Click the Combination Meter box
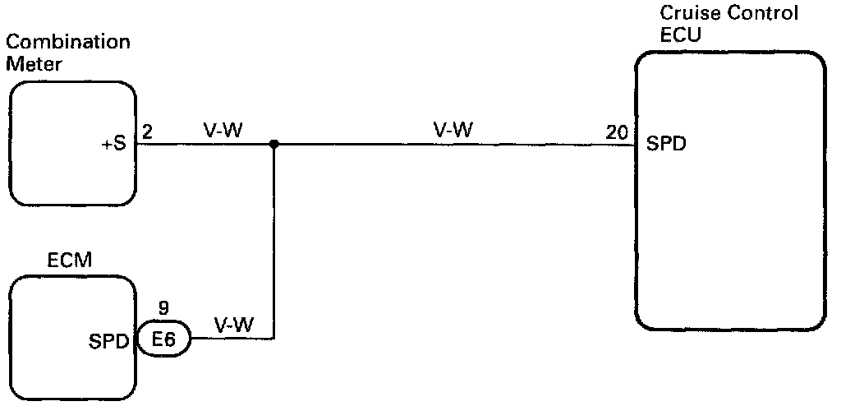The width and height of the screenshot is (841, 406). [72, 143]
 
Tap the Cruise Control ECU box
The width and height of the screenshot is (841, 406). [729, 191]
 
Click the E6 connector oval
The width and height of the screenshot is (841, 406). [163, 338]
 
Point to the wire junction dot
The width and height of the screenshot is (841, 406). [273, 144]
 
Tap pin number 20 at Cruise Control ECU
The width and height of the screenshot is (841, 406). [617, 131]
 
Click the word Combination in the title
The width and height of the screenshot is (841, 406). [67, 42]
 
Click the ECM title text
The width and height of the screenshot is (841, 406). [70, 261]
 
